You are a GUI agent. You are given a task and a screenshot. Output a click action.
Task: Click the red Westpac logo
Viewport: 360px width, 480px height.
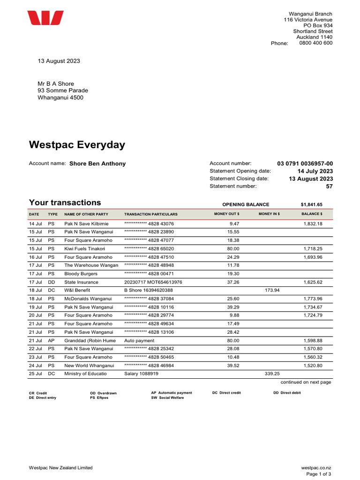pos(45,18)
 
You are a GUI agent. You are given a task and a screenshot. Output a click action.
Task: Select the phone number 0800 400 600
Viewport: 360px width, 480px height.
pos(315,43)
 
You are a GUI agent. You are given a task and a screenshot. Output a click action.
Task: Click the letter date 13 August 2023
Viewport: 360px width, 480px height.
pos(59,61)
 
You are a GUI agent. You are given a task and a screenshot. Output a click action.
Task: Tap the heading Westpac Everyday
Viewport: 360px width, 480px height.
pos(77,145)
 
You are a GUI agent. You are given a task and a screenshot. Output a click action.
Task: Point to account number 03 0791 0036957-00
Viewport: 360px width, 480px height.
pos(305,164)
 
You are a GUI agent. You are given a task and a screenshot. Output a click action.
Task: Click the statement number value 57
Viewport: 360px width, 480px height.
pos(329,186)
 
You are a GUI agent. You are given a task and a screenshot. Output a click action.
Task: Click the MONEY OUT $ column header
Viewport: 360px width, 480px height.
pos(226,214)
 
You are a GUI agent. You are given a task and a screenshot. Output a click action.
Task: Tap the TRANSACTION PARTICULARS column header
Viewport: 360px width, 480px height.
pos(151,214)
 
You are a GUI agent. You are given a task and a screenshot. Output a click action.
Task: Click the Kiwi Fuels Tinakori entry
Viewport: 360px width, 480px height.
pos(84,249)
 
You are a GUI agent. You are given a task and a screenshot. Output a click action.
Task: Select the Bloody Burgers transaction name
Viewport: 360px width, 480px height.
pos(81,274)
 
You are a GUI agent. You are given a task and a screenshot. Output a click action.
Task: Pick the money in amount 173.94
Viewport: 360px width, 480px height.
pos(272,291)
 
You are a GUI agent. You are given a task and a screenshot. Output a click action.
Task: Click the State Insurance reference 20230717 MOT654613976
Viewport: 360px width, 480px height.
pos(153,282)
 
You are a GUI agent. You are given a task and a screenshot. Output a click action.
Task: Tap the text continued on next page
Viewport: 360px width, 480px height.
pos(306,382)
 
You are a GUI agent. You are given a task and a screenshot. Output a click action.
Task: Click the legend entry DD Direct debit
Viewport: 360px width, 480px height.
pos(287,393)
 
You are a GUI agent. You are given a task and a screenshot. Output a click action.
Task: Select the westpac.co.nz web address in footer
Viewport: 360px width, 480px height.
pos(316,468)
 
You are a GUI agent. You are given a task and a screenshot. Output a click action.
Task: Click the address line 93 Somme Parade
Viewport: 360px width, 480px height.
pos(63,90)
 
